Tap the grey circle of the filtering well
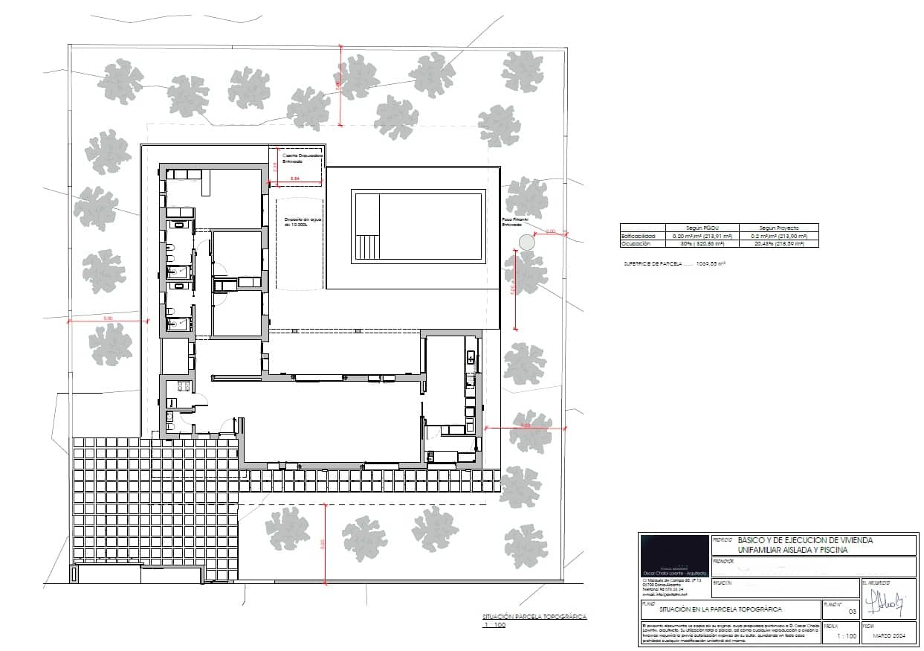click(527, 242)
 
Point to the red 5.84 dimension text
click(295, 179)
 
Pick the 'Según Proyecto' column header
click(778, 228)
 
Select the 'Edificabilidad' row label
click(639, 236)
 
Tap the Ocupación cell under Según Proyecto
click(778, 243)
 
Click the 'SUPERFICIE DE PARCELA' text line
click(674, 263)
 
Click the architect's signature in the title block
click(890, 600)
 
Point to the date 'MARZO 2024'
click(889, 636)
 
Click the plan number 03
click(852, 611)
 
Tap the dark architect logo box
click(673, 554)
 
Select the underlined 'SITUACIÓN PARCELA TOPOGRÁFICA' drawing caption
click(534, 617)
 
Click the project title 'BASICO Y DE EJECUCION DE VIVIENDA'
click(804, 539)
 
